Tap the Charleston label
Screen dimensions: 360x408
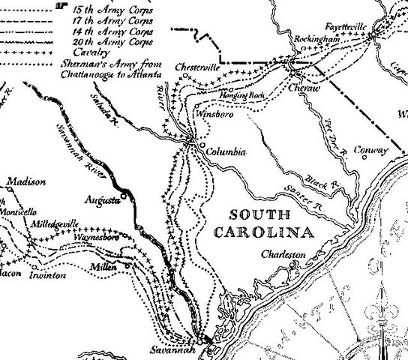coord(283,255)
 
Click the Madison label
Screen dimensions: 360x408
coord(27,181)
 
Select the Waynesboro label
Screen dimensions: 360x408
coord(97,236)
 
